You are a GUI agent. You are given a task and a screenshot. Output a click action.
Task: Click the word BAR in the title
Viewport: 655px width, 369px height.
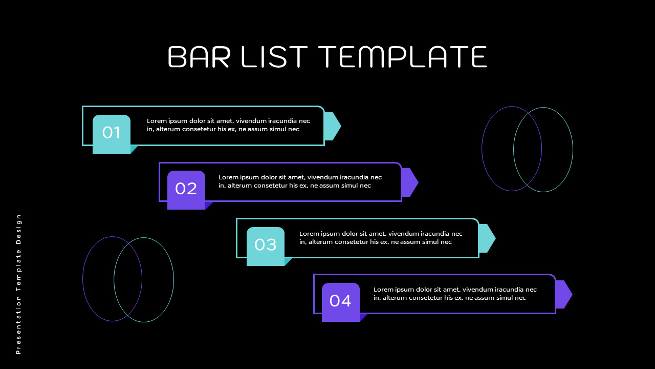point(199,56)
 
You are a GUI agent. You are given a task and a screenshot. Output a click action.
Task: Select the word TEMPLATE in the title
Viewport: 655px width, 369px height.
point(402,56)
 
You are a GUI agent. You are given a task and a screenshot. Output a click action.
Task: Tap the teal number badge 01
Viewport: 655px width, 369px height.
point(112,133)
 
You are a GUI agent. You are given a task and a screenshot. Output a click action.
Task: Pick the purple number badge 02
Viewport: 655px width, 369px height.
point(186,189)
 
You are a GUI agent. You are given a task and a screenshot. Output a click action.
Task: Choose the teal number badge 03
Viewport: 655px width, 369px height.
point(266,245)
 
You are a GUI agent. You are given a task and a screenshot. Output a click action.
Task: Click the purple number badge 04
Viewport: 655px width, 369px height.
point(341,301)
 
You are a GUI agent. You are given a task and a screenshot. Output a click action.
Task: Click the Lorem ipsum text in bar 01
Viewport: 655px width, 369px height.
point(228,125)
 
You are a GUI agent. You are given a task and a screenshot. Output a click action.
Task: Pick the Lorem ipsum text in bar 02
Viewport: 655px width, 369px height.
point(300,181)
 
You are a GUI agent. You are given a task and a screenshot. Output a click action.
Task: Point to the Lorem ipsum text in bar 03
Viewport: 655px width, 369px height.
point(381,238)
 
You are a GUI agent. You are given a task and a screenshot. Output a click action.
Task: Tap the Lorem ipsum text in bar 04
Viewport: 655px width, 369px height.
point(455,294)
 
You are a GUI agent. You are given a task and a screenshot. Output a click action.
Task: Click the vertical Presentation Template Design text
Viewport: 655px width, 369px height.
point(19,284)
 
